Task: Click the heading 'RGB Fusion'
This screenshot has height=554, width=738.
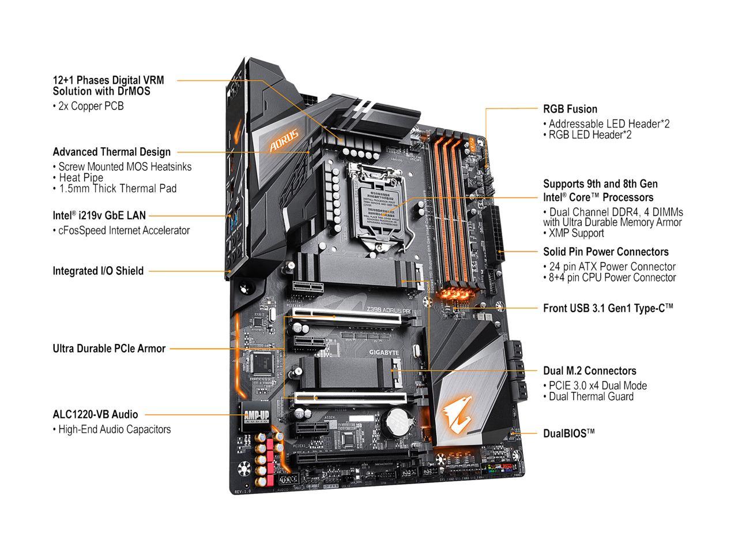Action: point(570,109)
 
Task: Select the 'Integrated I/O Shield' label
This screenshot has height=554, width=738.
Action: point(98,271)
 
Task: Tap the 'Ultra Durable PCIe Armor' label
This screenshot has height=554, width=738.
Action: point(109,349)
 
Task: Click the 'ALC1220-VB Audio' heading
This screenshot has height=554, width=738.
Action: point(95,414)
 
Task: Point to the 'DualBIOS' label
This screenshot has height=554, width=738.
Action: point(568,433)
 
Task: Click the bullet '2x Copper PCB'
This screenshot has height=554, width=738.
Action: point(91,106)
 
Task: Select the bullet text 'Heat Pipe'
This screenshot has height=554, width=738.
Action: point(81,178)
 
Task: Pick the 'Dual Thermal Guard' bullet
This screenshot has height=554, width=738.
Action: point(590,396)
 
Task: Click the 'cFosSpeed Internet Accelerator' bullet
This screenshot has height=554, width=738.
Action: point(123,230)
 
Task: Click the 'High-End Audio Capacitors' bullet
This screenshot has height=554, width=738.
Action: point(114,429)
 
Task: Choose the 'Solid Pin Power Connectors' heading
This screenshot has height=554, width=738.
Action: point(605,252)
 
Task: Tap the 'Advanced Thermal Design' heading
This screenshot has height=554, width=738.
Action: point(111,152)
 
